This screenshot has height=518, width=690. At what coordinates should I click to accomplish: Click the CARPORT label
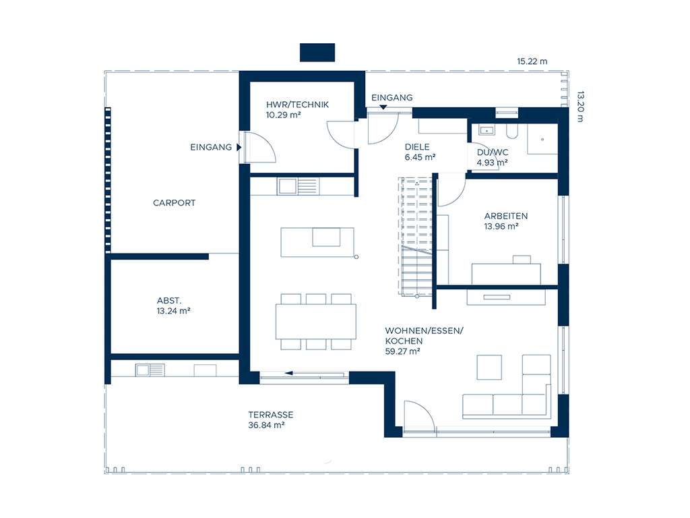(174, 203)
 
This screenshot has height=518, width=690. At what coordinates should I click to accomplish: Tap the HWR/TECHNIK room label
(297, 105)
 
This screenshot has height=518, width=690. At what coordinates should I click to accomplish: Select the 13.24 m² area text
(173, 311)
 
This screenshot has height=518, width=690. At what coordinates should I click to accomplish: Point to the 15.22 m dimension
(532, 61)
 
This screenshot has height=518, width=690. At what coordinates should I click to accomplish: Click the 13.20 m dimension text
(580, 107)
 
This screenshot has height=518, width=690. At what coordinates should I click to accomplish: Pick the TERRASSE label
(271, 415)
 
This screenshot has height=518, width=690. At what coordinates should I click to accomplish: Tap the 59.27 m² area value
(402, 351)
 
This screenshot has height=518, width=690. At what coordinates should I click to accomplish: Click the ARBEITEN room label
(505, 217)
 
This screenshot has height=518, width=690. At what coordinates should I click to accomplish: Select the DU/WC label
(493, 152)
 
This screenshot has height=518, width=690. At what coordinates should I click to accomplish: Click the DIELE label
(417, 147)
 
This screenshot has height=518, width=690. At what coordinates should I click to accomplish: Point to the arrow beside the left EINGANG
(239, 147)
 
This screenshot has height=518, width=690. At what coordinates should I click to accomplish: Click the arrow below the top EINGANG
(383, 107)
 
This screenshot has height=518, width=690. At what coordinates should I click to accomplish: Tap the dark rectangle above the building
(317, 53)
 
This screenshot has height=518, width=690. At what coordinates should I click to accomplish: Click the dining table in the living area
(316, 322)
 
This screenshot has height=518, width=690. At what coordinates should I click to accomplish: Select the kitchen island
(317, 242)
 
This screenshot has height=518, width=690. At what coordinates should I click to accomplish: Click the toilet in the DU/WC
(512, 132)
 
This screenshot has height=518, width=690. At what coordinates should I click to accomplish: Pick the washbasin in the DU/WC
(487, 130)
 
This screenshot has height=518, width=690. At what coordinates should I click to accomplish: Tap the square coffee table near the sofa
(489, 368)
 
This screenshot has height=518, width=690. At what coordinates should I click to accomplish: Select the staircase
(415, 236)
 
